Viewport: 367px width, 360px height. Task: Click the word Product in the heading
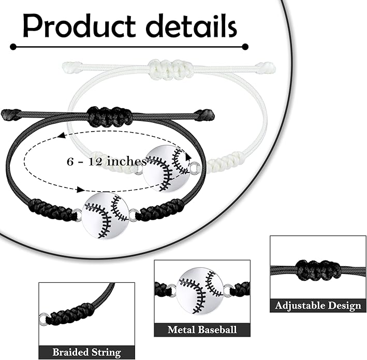tap(79, 26)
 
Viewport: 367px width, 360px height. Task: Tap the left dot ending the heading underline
tap(13, 47)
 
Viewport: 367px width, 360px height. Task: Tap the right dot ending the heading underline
tap(245, 47)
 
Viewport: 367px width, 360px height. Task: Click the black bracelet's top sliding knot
tap(109, 116)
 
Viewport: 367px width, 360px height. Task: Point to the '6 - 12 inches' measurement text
tap(107, 162)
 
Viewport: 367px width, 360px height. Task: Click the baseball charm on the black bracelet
tap(106, 216)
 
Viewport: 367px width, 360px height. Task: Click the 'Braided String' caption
tap(86, 352)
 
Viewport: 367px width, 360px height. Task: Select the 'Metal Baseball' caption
tap(202, 329)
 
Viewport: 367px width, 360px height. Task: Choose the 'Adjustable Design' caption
tap(318, 306)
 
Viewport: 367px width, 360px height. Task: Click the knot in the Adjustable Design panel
tap(318, 270)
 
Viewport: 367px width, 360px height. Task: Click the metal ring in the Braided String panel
tap(43, 319)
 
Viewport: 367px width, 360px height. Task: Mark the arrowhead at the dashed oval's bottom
tap(81, 190)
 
